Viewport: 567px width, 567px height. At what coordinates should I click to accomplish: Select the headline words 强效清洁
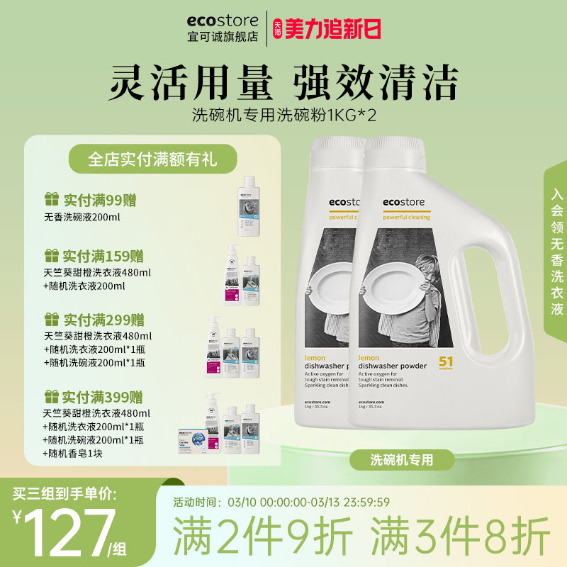click(376, 83)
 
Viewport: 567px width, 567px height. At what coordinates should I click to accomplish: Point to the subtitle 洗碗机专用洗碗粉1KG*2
click(283, 115)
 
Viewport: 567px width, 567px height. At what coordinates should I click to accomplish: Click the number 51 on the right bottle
click(447, 361)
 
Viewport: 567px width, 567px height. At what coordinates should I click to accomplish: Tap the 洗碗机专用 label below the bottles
click(402, 460)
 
